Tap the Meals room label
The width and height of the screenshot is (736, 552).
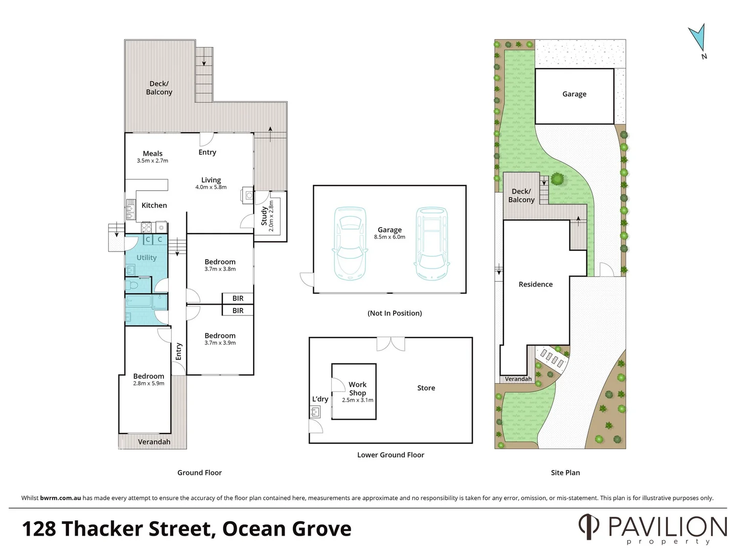pyautogui.click(x=152, y=153)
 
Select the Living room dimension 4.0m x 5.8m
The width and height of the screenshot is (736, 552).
pyautogui.click(x=211, y=188)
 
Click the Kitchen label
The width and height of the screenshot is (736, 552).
pyautogui.click(x=154, y=205)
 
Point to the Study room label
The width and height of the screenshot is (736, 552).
pyautogui.click(x=264, y=216)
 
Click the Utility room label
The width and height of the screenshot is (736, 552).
pyautogui.click(x=146, y=258)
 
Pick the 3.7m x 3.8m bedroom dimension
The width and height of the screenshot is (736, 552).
pyautogui.click(x=220, y=269)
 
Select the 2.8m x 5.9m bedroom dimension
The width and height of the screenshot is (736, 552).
pyautogui.click(x=149, y=383)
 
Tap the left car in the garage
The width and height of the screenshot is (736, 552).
pyautogui.click(x=350, y=243)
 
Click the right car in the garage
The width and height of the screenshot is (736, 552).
pyautogui.click(x=432, y=243)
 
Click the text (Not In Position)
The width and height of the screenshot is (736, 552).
pyautogui.click(x=395, y=313)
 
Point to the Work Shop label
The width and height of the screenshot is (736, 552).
pyautogui.click(x=357, y=388)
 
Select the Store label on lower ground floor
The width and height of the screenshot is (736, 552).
pyautogui.click(x=426, y=388)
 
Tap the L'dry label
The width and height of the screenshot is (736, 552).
pyautogui.click(x=320, y=399)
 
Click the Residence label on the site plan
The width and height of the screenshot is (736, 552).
pyautogui.click(x=535, y=284)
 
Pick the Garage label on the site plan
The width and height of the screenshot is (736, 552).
pyautogui.click(x=574, y=94)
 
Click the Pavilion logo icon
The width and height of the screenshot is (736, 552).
pyautogui.click(x=588, y=526)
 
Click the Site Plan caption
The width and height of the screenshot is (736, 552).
pyautogui.click(x=565, y=473)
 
